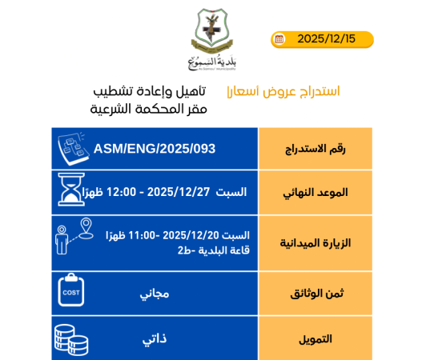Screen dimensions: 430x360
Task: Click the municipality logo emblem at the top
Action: pos(213,34)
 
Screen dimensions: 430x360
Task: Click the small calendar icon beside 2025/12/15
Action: pos(279,39)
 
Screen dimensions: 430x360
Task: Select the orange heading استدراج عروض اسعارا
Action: pos(283,91)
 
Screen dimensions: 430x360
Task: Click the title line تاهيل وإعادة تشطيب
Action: pos(151,90)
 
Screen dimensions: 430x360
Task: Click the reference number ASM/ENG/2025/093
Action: pos(155,149)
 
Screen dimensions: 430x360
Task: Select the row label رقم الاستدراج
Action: pos(315,150)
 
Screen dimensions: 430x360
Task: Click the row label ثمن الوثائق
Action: pos(317,294)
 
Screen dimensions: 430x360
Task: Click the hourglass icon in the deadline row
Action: pos(70,190)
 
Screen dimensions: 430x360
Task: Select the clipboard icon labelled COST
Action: pos(71,290)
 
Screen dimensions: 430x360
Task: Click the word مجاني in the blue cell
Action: pos(155,294)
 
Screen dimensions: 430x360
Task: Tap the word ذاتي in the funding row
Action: pos(155,339)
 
